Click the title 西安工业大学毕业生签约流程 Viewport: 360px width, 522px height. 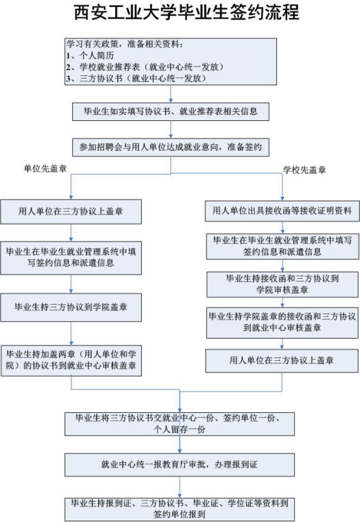tap(186, 12)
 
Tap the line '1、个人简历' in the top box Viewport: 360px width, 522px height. tap(90, 55)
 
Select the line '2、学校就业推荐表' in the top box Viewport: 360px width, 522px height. tap(144, 67)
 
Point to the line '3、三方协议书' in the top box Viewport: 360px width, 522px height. tap(136, 78)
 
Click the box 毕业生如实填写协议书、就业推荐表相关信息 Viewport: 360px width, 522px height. tap(171, 111)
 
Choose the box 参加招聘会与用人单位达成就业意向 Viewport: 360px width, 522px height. tap(171, 147)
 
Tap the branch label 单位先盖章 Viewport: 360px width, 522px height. tap(45, 168)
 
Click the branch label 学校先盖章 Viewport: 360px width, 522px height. tap(304, 170)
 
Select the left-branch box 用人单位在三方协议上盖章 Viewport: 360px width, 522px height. tap(71, 211)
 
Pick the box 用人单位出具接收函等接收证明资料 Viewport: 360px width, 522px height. tap(282, 211)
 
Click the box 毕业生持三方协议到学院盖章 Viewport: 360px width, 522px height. tap(71, 307)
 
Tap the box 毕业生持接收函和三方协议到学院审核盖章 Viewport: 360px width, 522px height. tap(282, 284)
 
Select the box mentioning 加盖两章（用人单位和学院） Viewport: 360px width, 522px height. tap(71, 361)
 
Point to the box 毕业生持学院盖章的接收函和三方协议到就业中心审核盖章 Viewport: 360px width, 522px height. tap(282, 322)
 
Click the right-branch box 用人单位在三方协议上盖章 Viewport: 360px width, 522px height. tap(282, 361)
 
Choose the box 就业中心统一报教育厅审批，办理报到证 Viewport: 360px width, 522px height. tap(179, 464)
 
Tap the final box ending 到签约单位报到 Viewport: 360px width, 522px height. tap(179, 509)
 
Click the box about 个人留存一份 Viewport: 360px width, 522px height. tap(179, 424)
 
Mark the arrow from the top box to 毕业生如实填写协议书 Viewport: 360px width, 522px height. tap(171, 94)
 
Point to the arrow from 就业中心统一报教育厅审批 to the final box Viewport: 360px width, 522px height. tap(179, 487)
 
